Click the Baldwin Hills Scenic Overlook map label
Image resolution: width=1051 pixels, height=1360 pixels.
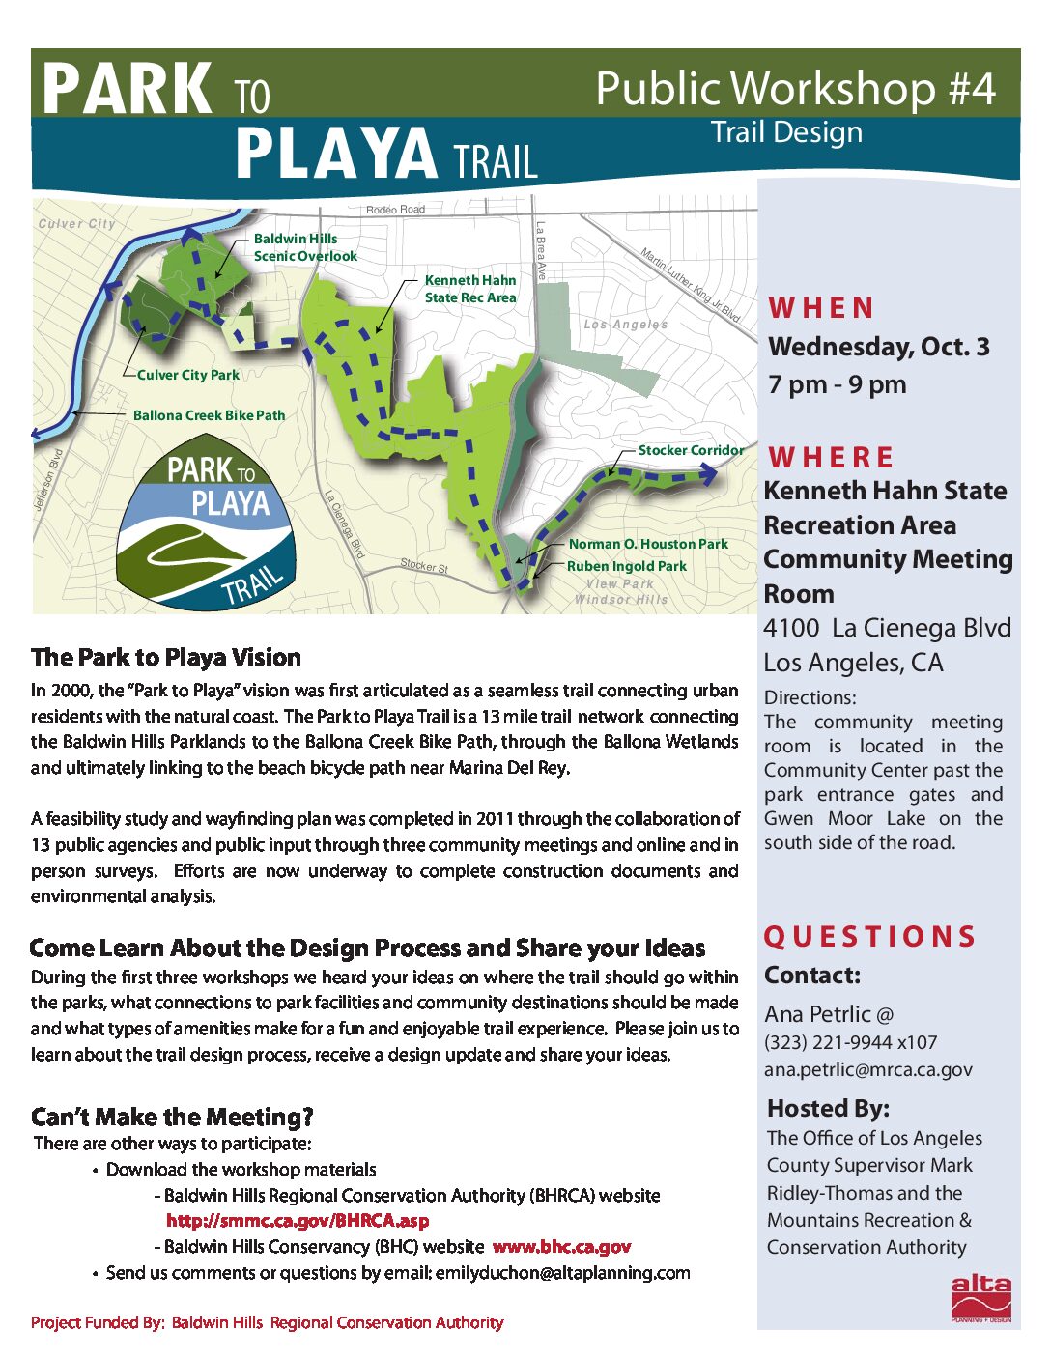(x=305, y=247)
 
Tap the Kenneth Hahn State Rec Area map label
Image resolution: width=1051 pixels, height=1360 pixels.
(x=470, y=289)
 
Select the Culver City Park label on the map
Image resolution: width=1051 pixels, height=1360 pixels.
(x=188, y=375)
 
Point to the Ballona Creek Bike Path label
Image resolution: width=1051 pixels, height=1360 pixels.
(x=209, y=415)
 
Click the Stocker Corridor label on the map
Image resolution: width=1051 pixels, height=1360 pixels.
(x=691, y=450)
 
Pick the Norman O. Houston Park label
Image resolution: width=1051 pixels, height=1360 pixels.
(x=648, y=544)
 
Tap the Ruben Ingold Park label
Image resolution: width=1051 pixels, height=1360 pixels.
(x=626, y=566)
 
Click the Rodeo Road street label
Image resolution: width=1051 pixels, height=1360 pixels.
(x=395, y=210)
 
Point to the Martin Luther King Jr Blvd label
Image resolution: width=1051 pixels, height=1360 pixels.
(x=690, y=284)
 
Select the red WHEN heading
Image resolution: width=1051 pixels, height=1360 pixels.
(x=821, y=308)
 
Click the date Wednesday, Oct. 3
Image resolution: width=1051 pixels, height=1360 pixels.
(x=878, y=347)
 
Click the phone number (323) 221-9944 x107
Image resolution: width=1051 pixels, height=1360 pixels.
(x=850, y=1042)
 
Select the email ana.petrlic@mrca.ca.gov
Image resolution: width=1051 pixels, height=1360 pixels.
(x=867, y=1069)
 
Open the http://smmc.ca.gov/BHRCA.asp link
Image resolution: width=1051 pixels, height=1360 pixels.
(x=298, y=1221)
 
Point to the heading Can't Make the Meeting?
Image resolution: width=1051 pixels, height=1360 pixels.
(x=172, y=1118)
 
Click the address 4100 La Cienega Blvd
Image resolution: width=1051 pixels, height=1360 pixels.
(x=887, y=628)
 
